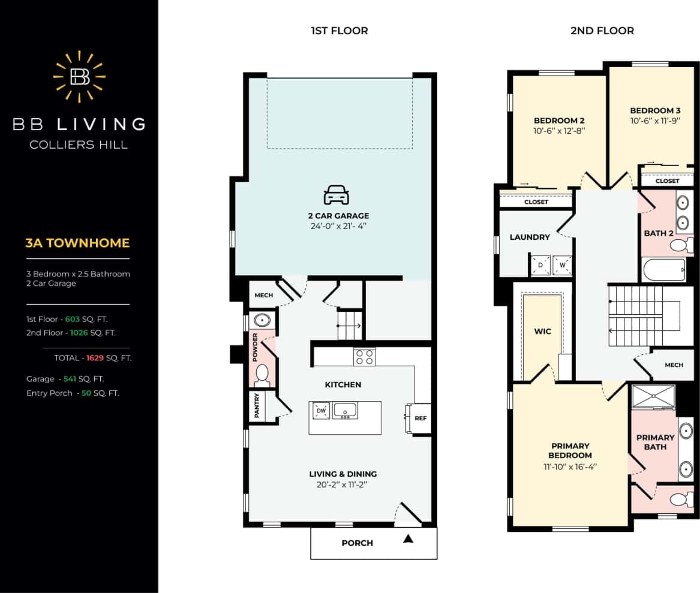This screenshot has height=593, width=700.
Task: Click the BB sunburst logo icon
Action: tap(79, 76)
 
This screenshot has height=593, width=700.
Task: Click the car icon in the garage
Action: tap(336, 195)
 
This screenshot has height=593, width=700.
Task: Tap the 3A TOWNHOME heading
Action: tap(77, 243)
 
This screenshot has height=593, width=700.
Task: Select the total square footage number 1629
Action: tap(95, 358)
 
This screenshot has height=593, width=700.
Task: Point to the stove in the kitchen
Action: tap(364, 357)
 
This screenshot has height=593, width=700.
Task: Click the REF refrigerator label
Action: tap(420, 418)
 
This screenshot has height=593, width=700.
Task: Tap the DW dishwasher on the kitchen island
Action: tap(320, 411)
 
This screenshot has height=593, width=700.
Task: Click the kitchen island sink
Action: tap(345, 411)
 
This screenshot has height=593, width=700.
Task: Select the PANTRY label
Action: tap(257, 406)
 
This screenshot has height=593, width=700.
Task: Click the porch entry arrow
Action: tap(408, 539)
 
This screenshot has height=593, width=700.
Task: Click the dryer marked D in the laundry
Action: tap(540, 265)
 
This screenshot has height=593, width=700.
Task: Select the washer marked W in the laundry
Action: tap(562, 265)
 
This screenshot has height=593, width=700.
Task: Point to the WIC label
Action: tap(542, 332)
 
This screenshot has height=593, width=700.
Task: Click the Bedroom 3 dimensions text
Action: tap(655, 121)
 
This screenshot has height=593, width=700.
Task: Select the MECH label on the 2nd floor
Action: tap(674, 365)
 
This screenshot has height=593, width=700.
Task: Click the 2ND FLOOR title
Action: tap(602, 31)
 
